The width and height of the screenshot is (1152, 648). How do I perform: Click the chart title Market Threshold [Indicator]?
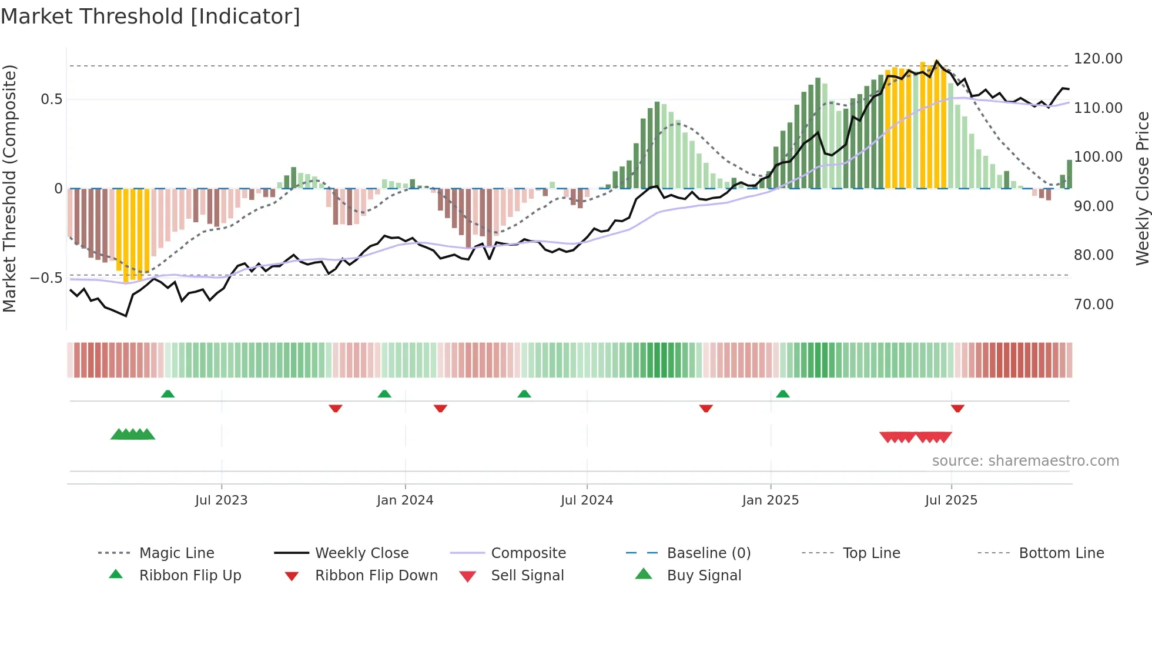(x=150, y=16)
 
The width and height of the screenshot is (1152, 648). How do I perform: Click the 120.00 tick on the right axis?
(x=1098, y=59)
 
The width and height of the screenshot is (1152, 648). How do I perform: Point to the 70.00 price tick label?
(x=1093, y=305)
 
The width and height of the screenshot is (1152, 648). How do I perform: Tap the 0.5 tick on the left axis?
(x=51, y=99)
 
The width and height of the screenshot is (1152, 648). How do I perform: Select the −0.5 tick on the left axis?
(x=46, y=278)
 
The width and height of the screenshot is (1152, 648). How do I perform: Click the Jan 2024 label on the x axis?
(x=405, y=500)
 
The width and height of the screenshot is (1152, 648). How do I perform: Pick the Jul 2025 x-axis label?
(x=951, y=500)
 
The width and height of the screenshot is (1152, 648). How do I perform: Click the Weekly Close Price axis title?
(x=1142, y=188)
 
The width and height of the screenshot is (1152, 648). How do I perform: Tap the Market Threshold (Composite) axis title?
(x=9, y=188)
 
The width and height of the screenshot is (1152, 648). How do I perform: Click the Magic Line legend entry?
(x=176, y=553)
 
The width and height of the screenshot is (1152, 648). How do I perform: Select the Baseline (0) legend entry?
(x=708, y=553)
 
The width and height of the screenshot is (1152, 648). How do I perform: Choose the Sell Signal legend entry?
(x=527, y=576)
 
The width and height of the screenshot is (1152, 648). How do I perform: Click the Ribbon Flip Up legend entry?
(x=190, y=576)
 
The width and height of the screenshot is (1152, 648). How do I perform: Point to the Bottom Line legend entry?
(x=1061, y=553)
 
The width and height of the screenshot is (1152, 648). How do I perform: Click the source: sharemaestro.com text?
(x=1025, y=461)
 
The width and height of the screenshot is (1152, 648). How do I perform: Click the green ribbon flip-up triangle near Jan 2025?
(x=783, y=394)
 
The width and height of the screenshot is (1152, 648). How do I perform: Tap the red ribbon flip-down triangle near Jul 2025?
(x=957, y=408)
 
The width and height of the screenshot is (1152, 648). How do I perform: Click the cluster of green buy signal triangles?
(x=133, y=435)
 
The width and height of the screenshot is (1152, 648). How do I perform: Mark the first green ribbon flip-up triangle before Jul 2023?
(x=168, y=394)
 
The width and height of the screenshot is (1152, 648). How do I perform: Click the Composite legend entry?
(x=528, y=553)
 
